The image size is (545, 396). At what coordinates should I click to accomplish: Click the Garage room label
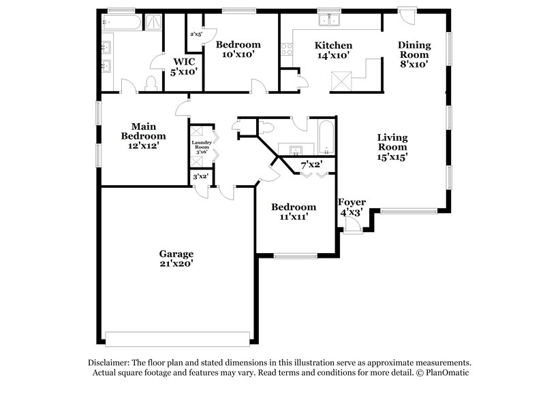tap(177, 253)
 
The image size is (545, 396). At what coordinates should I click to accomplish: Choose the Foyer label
tap(352, 203)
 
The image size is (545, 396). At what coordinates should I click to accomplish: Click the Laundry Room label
tap(202, 145)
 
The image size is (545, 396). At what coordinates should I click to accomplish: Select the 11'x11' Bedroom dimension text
tap(293, 218)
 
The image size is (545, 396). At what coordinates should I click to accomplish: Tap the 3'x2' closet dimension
tap(200, 177)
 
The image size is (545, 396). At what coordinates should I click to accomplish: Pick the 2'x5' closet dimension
tap(196, 34)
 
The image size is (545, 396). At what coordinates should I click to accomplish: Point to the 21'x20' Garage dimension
tap(177, 264)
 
